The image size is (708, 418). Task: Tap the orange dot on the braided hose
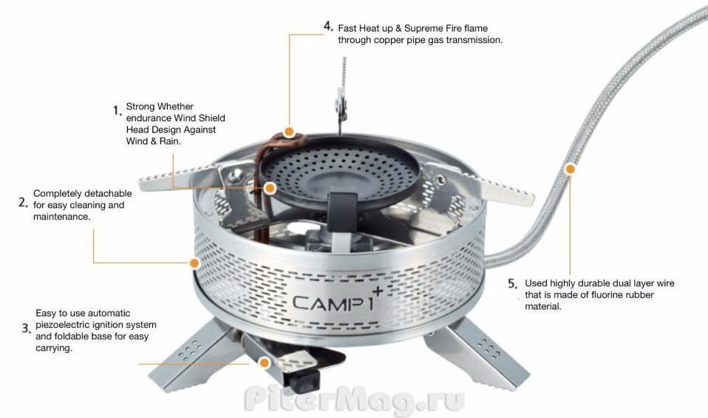point(571,169)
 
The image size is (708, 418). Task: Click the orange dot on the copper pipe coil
point(290,132)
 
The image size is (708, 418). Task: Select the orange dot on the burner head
point(270,188)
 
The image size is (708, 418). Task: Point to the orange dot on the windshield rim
point(194,263)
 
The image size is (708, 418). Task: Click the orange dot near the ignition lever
point(265,363)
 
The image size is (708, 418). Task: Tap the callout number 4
point(328,26)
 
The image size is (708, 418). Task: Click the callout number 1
point(118,111)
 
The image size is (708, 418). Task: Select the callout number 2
point(24,203)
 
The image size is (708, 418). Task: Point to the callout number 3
point(26,328)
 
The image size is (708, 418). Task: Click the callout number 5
point(512,284)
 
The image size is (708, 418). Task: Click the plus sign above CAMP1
point(378,291)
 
